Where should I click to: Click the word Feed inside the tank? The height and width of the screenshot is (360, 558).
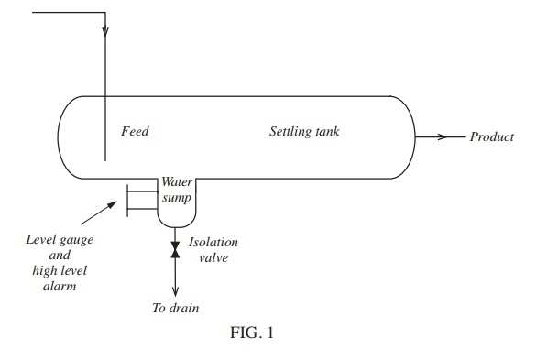pyautogui.click(x=135, y=132)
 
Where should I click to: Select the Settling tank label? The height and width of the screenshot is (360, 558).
pyautogui.click(x=304, y=132)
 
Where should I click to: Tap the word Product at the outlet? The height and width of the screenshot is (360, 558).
pyautogui.click(x=492, y=137)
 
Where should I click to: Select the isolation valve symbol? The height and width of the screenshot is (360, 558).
pyautogui.click(x=175, y=248)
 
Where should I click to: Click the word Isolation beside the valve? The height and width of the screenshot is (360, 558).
pyautogui.click(x=213, y=243)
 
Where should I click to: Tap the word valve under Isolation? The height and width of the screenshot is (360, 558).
pyautogui.click(x=213, y=258)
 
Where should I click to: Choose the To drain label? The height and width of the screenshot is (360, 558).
pyautogui.click(x=175, y=308)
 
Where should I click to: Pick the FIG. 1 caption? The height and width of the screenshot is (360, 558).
pyautogui.click(x=252, y=333)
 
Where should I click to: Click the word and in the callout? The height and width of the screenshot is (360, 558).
pyautogui.click(x=59, y=256)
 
